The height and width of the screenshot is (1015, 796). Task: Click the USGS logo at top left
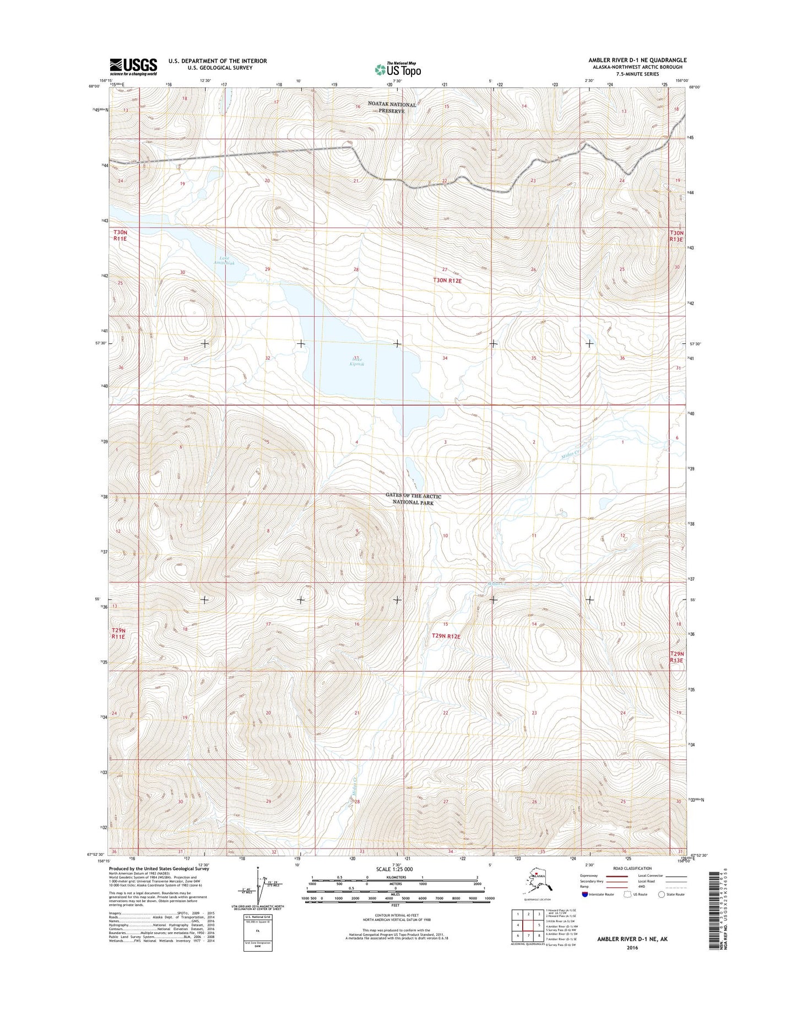(133, 66)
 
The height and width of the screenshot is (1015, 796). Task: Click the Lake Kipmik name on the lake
(357, 361)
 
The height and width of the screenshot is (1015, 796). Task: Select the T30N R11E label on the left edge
(120, 236)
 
